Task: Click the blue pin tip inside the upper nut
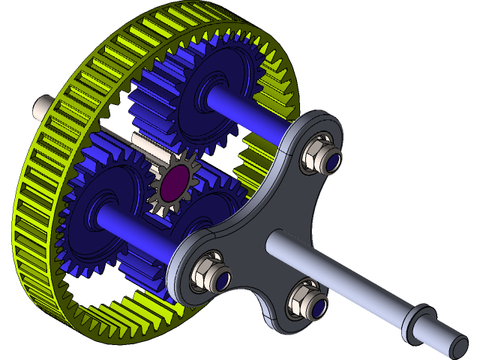point(331,159)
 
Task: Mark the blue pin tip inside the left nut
point(223,280)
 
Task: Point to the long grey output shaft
point(337,277)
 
